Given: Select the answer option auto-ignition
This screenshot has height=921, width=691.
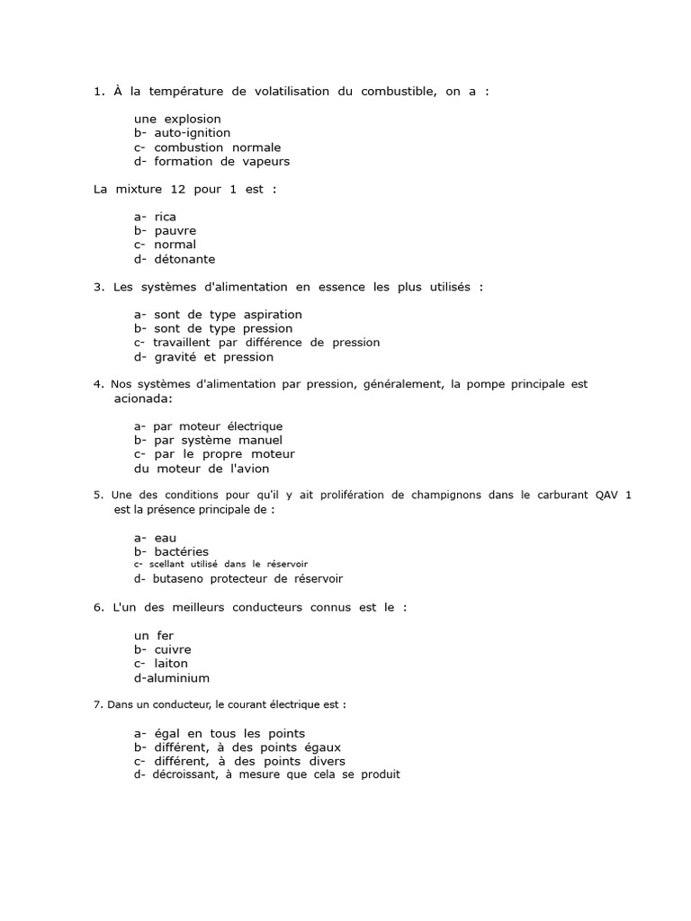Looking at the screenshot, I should [x=192, y=133].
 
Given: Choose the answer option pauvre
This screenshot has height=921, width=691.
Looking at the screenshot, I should [x=175, y=231].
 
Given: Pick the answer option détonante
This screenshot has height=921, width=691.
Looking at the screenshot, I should [x=184, y=259].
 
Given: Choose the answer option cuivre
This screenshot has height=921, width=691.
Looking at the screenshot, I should [x=173, y=649].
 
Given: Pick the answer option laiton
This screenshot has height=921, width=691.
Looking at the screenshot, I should [x=171, y=664].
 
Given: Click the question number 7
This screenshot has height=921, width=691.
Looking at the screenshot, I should [x=97, y=705].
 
